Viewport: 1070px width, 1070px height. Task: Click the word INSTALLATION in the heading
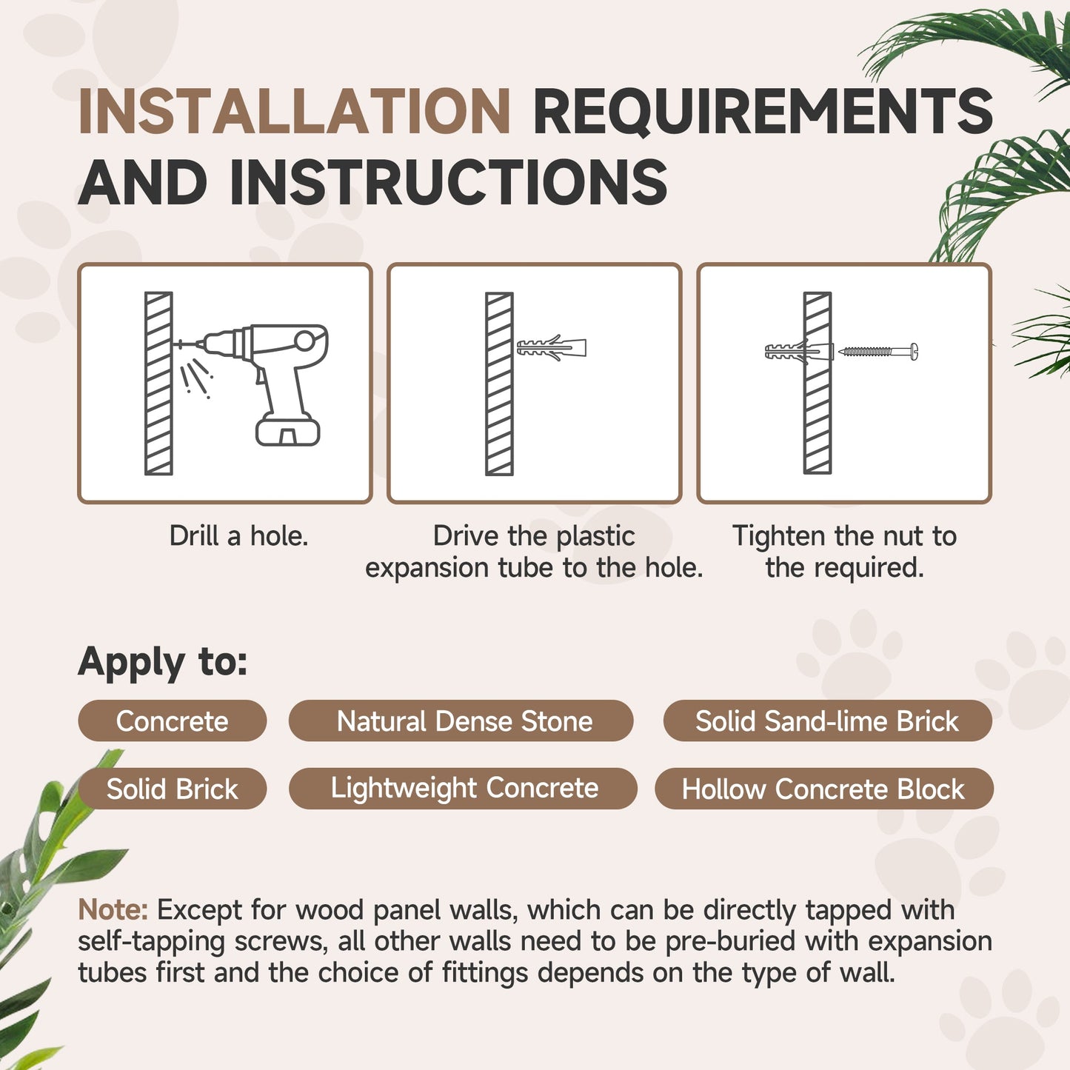click(x=294, y=112)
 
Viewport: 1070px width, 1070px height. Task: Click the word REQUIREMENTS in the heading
click(x=762, y=112)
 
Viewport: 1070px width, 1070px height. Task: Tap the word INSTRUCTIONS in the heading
click(x=448, y=182)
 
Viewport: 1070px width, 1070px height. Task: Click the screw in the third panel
click(x=878, y=352)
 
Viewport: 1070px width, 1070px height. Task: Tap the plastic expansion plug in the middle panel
click(x=552, y=347)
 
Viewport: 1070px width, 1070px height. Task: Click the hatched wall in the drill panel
click(x=158, y=383)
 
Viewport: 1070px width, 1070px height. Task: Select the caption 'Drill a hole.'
click(x=238, y=535)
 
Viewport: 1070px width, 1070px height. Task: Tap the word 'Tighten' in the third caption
click(x=778, y=535)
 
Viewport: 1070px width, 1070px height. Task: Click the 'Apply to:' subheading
click(x=163, y=661)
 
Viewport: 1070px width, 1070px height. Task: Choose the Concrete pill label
click(x=172, y=721)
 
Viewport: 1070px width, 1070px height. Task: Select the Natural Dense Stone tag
click(x=464, y=721)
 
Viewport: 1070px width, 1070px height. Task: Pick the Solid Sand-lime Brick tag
click(x=826, y=721)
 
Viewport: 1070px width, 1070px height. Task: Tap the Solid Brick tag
click(x=172, y=789)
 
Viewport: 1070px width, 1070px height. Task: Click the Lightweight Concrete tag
click(x=464, y=788)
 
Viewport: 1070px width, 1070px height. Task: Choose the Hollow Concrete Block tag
click(x=823, y=789)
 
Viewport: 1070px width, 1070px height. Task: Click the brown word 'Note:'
click(x=113, y=909)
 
